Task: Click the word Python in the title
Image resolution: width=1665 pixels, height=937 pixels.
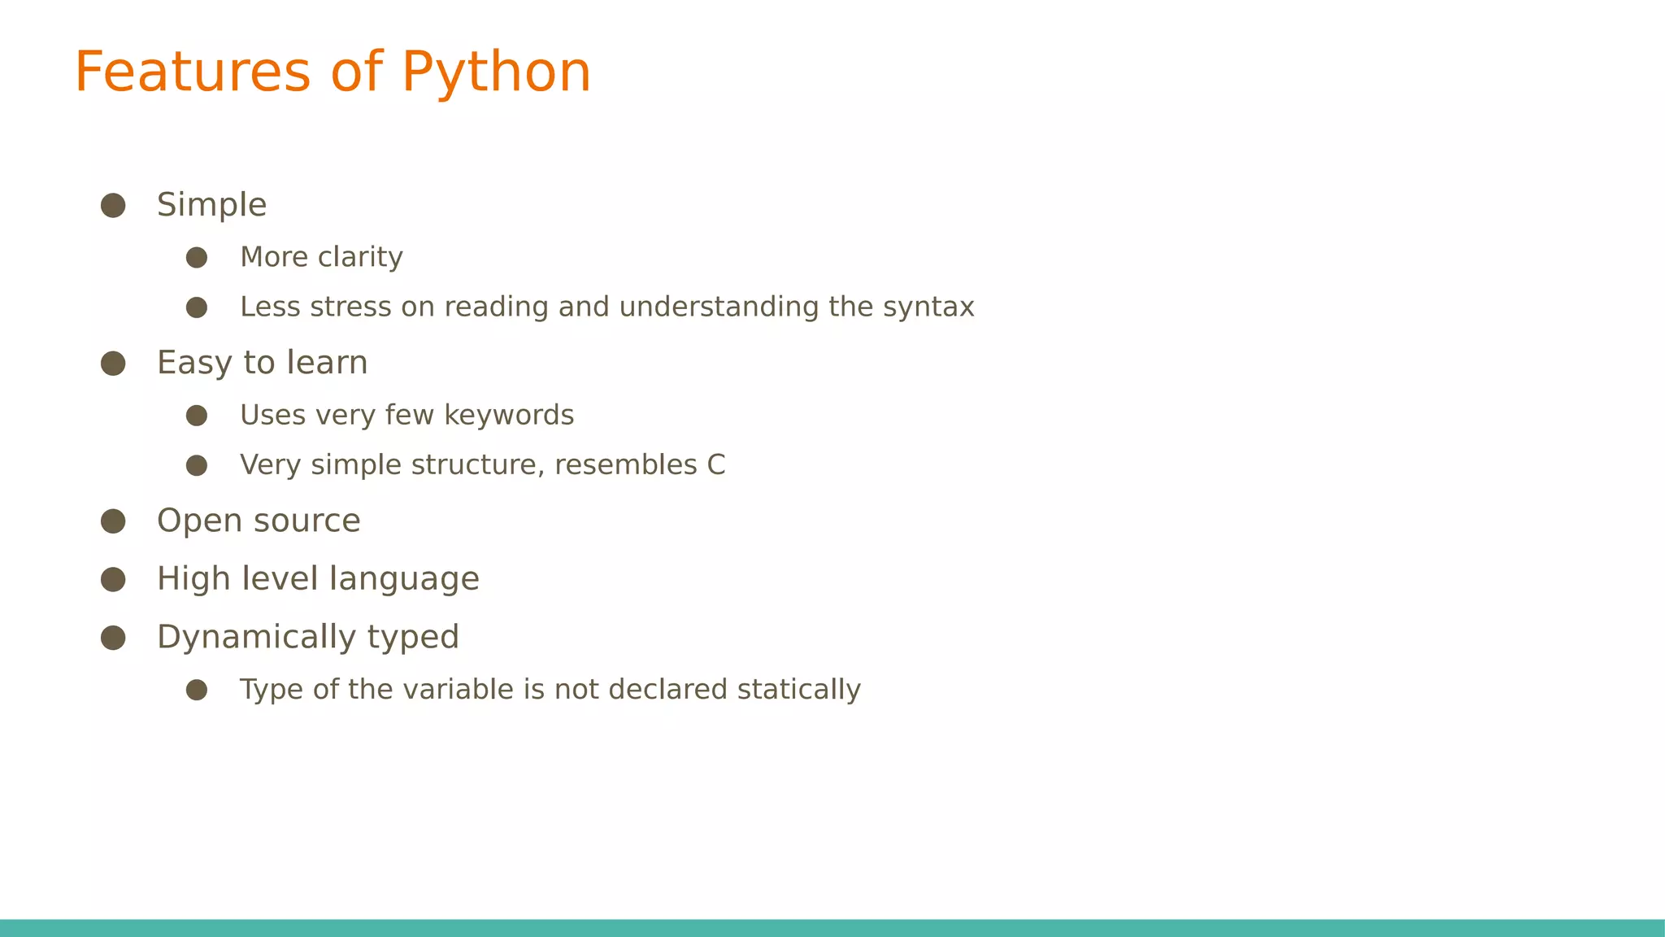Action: tap(496, 73)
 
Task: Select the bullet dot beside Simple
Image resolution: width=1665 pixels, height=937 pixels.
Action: tap(113, 205)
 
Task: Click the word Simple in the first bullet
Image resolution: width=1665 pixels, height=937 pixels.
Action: tap(211, 205)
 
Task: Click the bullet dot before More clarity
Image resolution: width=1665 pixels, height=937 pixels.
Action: tap(197, 258)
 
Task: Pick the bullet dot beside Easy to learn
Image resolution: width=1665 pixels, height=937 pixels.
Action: tap(113, 364)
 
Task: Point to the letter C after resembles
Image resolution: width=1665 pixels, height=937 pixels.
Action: tap(715, 465)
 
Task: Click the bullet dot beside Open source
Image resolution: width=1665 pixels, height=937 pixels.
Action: tap(113, 521)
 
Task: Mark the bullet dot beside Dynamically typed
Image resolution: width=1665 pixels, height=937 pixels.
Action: tap(113, 638)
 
